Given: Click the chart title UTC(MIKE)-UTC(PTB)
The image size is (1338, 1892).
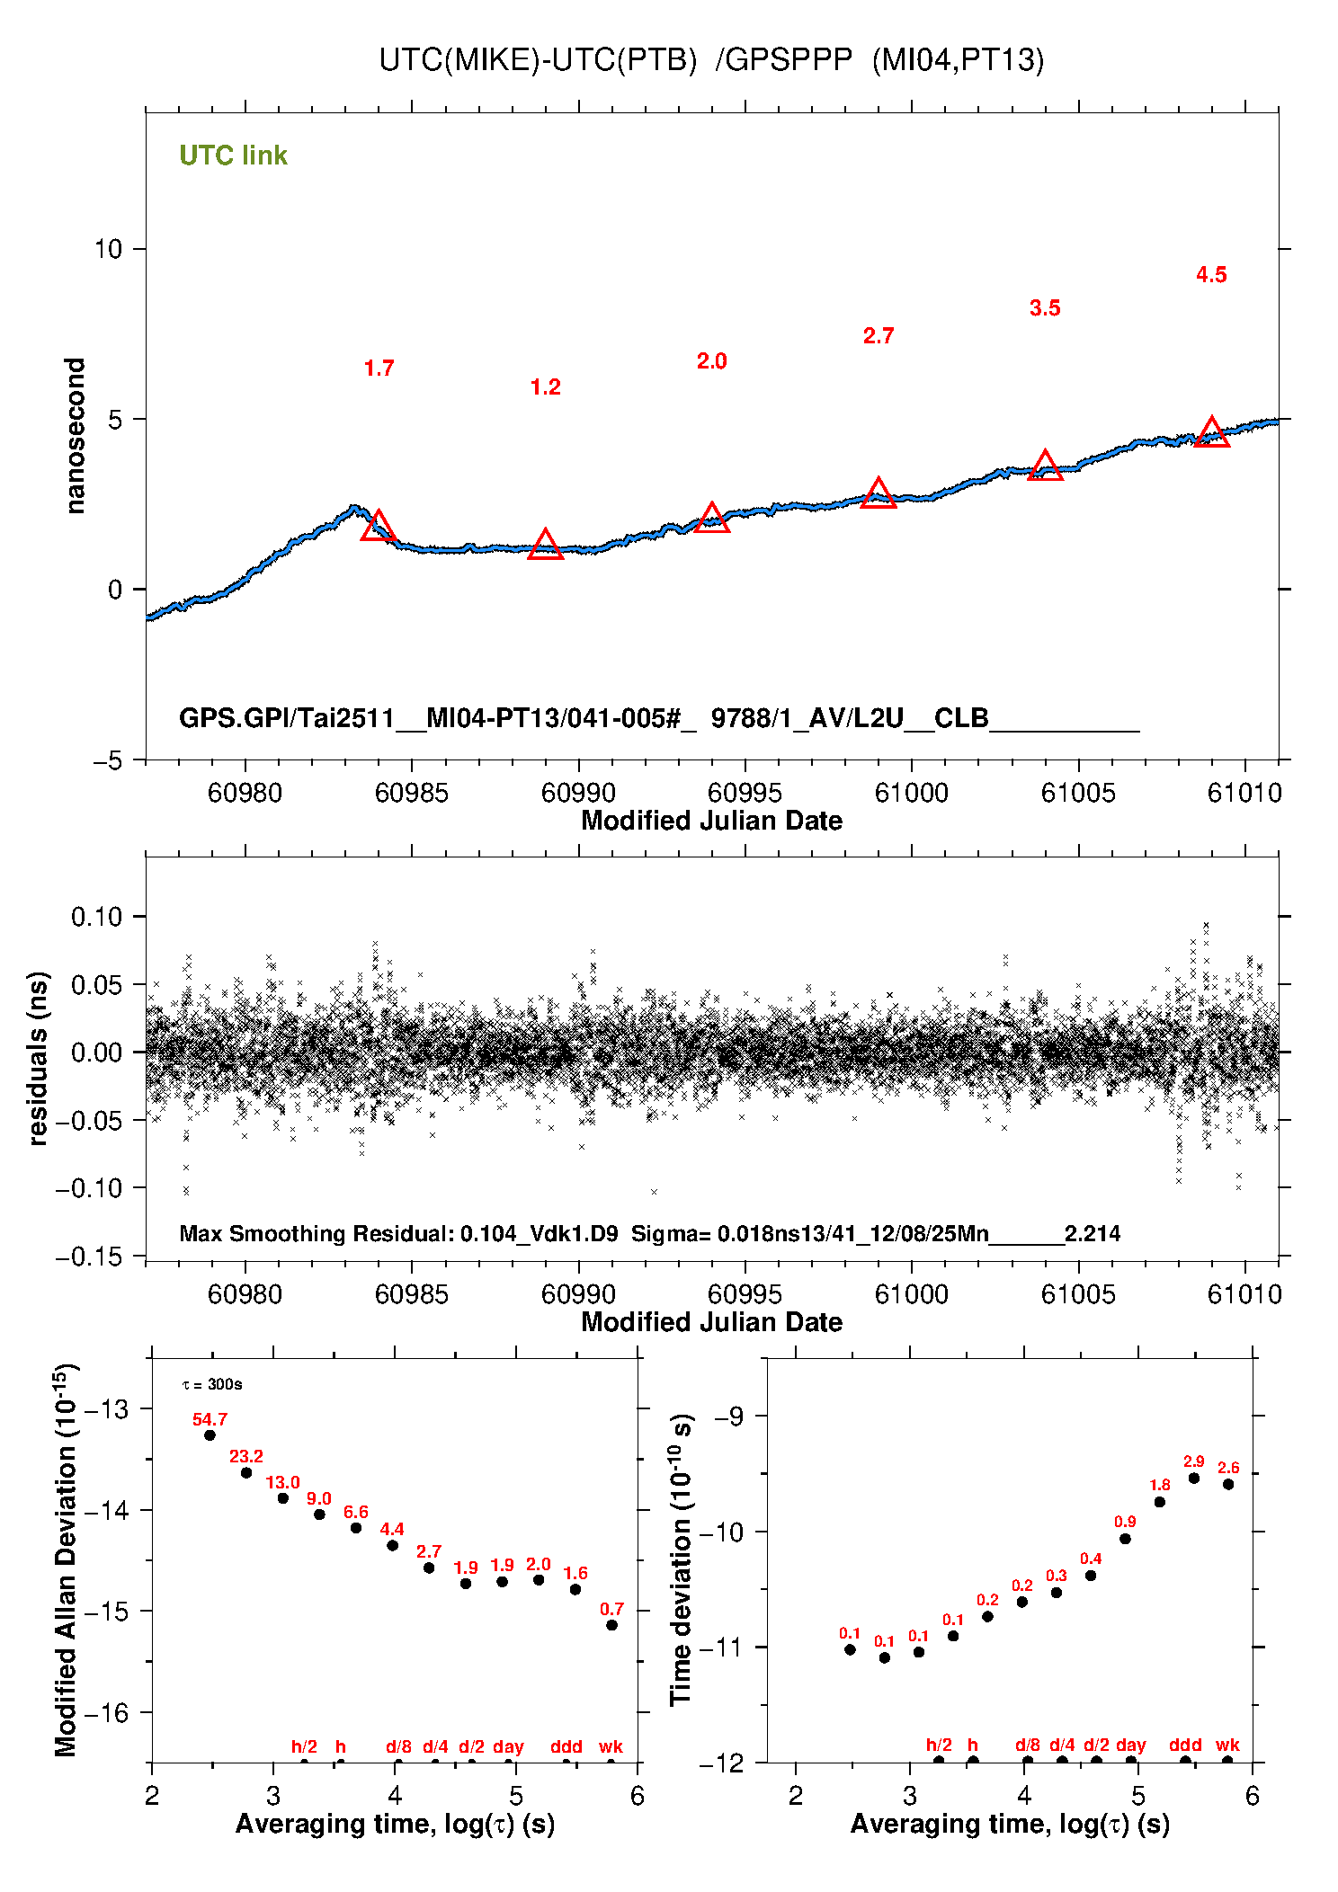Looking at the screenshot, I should coord(538,59).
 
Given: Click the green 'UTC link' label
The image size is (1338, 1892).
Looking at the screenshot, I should coord(233,155).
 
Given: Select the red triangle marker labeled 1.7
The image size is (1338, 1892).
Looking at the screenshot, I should coord(379,527).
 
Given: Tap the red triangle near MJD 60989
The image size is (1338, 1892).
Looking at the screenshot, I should coord(545,546).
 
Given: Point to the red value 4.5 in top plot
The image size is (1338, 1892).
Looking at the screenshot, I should coord(1211,275).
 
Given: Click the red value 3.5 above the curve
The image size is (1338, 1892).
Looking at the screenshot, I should coord(1045,308).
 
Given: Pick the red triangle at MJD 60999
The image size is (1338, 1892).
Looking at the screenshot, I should coord(879,494).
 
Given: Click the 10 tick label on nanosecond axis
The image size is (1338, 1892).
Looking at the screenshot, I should coord(108,249).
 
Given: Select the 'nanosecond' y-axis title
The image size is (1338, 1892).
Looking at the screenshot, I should coord(75,436).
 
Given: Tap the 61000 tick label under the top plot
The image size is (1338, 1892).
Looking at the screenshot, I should coord(911,793).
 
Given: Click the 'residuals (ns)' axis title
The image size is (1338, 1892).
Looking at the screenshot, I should coord(38,1058).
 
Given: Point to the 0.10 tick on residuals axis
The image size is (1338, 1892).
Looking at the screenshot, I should coord(96,917).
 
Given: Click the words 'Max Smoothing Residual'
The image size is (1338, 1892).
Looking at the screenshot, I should coord(316,1233).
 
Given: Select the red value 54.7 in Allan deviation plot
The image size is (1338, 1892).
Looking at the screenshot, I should coord(210,1419).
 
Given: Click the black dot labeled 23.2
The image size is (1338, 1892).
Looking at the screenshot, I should coord(246,1472).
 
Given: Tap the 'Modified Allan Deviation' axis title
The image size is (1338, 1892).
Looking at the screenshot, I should coord(65,1559).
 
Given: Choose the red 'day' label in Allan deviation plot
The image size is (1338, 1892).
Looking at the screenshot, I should coord(508,1746).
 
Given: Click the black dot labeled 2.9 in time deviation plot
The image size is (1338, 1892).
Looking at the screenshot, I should coord(1194,1478).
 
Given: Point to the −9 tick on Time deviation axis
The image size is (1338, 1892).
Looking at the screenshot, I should coord(728,1417).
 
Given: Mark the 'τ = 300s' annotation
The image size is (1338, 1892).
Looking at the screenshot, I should coord(212,1384).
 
